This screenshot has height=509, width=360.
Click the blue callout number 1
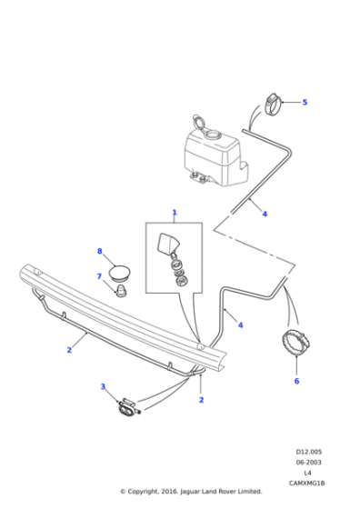click(175, 213)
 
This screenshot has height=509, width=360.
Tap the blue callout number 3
click(103, 386)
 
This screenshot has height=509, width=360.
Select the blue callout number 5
click(305, 102)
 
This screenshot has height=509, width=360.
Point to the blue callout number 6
click(296, 381)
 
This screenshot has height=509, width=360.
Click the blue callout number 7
click(99, 276)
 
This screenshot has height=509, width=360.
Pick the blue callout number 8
click(100, 251)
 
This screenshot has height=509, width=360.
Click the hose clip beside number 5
click(273, 104)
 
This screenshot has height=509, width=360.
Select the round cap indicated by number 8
click(119, 274)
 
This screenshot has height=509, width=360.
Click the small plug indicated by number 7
click(122, 291)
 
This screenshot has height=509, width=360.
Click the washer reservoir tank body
click(215, 159)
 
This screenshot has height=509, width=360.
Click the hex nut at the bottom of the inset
click(179, 281)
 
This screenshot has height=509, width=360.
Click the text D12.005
click(309, 452)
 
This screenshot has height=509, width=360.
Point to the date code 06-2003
click(309, 463)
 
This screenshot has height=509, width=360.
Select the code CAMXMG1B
click(306, 484)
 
